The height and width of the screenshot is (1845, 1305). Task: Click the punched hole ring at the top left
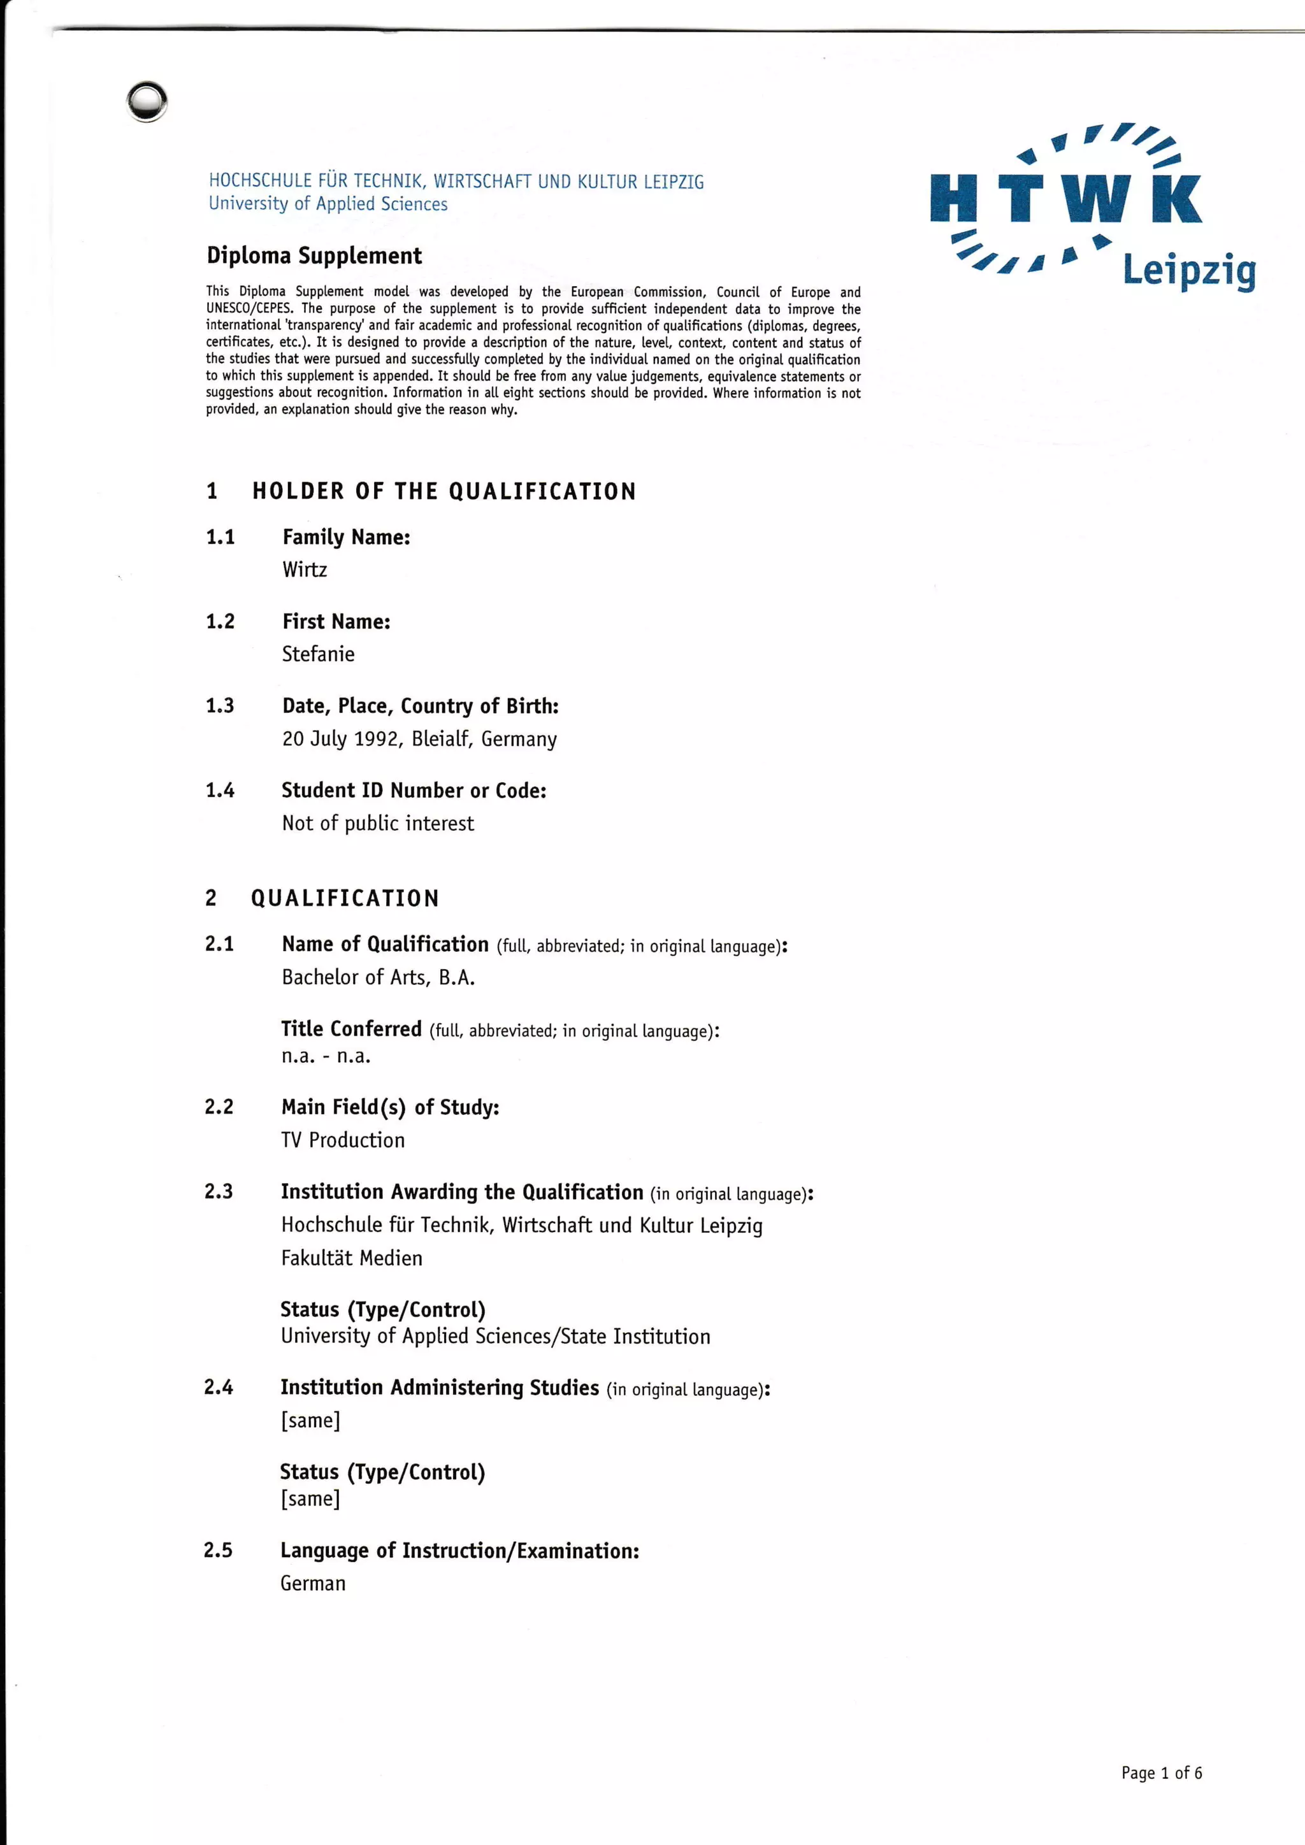147,102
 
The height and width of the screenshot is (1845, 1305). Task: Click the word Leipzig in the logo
1188,271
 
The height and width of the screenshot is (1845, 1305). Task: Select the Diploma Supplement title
314,255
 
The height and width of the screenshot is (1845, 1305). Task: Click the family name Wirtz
305,570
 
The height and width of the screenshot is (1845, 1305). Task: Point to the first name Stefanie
318,654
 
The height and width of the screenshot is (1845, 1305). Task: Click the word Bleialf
441,738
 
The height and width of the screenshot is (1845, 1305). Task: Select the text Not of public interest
378,823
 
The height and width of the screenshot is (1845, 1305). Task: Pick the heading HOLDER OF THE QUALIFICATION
443,491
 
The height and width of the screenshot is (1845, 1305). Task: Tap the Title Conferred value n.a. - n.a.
326,1056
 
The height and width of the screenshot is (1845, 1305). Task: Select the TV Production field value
343,1140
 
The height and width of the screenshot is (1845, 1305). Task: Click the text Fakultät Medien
351,1258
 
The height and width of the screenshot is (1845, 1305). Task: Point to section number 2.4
219,1387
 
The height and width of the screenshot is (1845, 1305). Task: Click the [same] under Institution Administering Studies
310,1420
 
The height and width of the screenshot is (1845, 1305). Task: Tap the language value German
313,1583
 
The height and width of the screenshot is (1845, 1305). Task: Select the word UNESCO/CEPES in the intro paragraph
249,308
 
